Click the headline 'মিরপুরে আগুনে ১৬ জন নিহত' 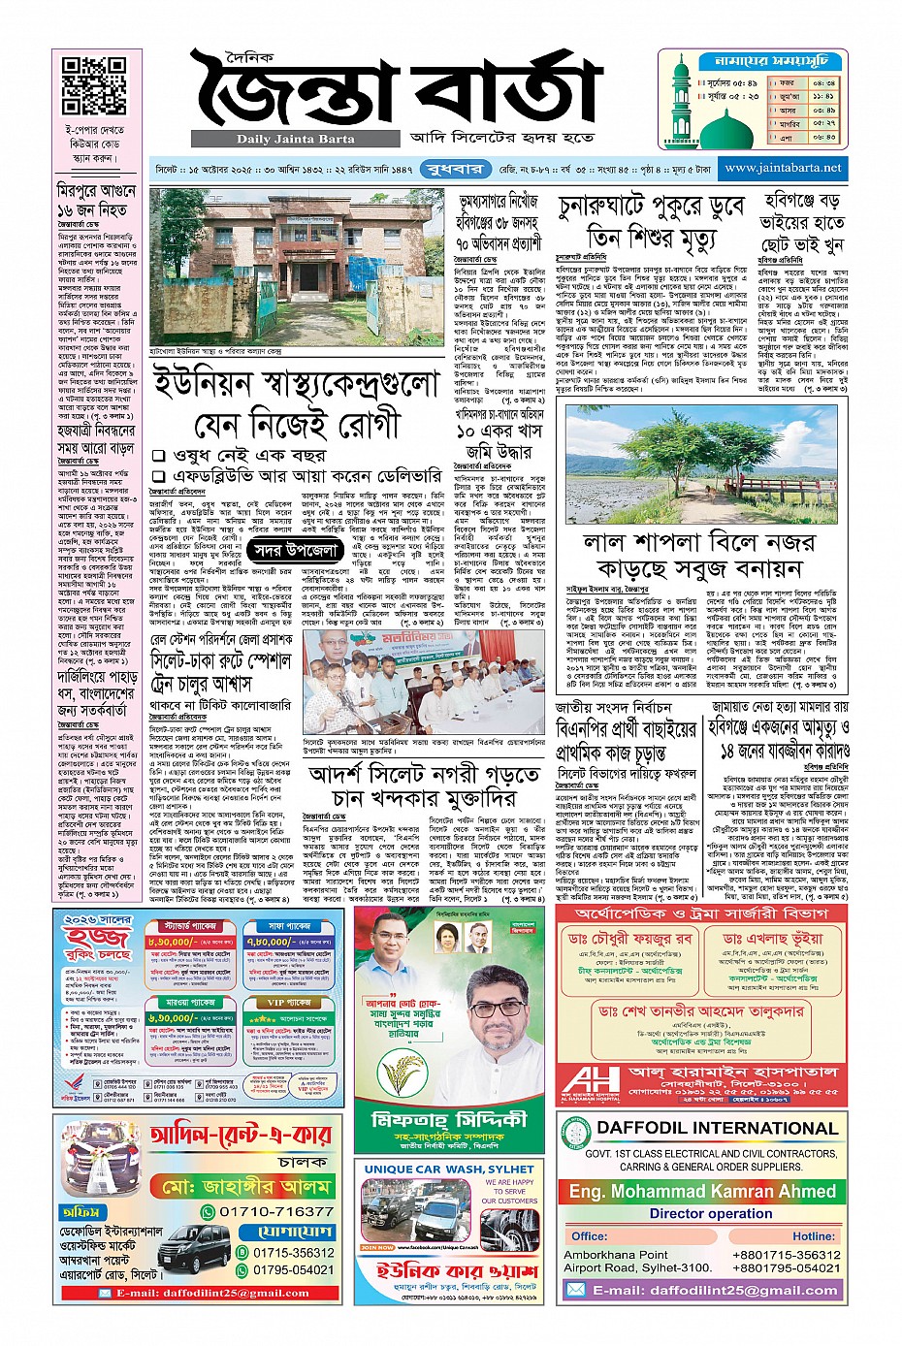[96, 201]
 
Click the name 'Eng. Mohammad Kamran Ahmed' [701, 1191]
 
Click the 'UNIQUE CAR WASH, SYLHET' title [449, 1170]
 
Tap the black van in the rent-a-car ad [193, 1247]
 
